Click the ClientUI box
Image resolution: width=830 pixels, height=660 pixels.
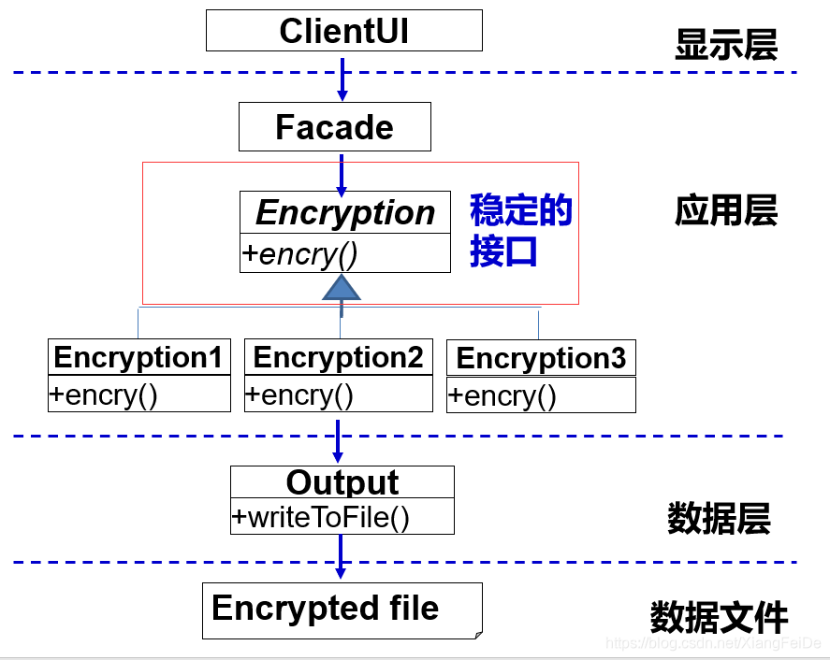click(x=344, y=30)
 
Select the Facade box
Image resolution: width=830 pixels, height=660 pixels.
click(x=335, y=127)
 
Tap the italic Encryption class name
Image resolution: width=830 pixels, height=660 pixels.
click(x=345, y=212)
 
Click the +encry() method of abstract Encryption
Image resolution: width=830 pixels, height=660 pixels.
click(x=299, y=254)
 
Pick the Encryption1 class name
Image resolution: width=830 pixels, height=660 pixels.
click(x=138, y=357)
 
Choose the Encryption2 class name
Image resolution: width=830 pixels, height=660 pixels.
click(x=338, y=357)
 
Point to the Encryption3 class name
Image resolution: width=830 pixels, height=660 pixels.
click(x=541, y=358)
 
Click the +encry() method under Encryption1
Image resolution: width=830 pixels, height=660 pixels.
click(x=104, y=395)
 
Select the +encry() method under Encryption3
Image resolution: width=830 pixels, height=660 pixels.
click(x=502, y=395)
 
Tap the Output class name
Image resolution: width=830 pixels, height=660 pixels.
click(x=342, y=482)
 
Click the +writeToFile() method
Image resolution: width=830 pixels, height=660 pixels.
click(x=321, y=517)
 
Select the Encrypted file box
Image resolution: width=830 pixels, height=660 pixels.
click(x=342, y=610)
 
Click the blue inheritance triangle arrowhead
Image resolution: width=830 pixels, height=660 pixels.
click(x=342, y=287)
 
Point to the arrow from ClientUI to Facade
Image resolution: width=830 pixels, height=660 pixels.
click(x=342, y=79)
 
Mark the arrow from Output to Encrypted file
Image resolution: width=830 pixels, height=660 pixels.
click(x=341, y=556)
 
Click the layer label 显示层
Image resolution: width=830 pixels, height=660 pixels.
click(x=726, y=45)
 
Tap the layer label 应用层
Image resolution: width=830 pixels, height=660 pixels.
click(x=726, y=210)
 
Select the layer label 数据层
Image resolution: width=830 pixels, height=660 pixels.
click(x=719, y=518)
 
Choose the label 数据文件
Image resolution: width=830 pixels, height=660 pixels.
click(x=719, y=617)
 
